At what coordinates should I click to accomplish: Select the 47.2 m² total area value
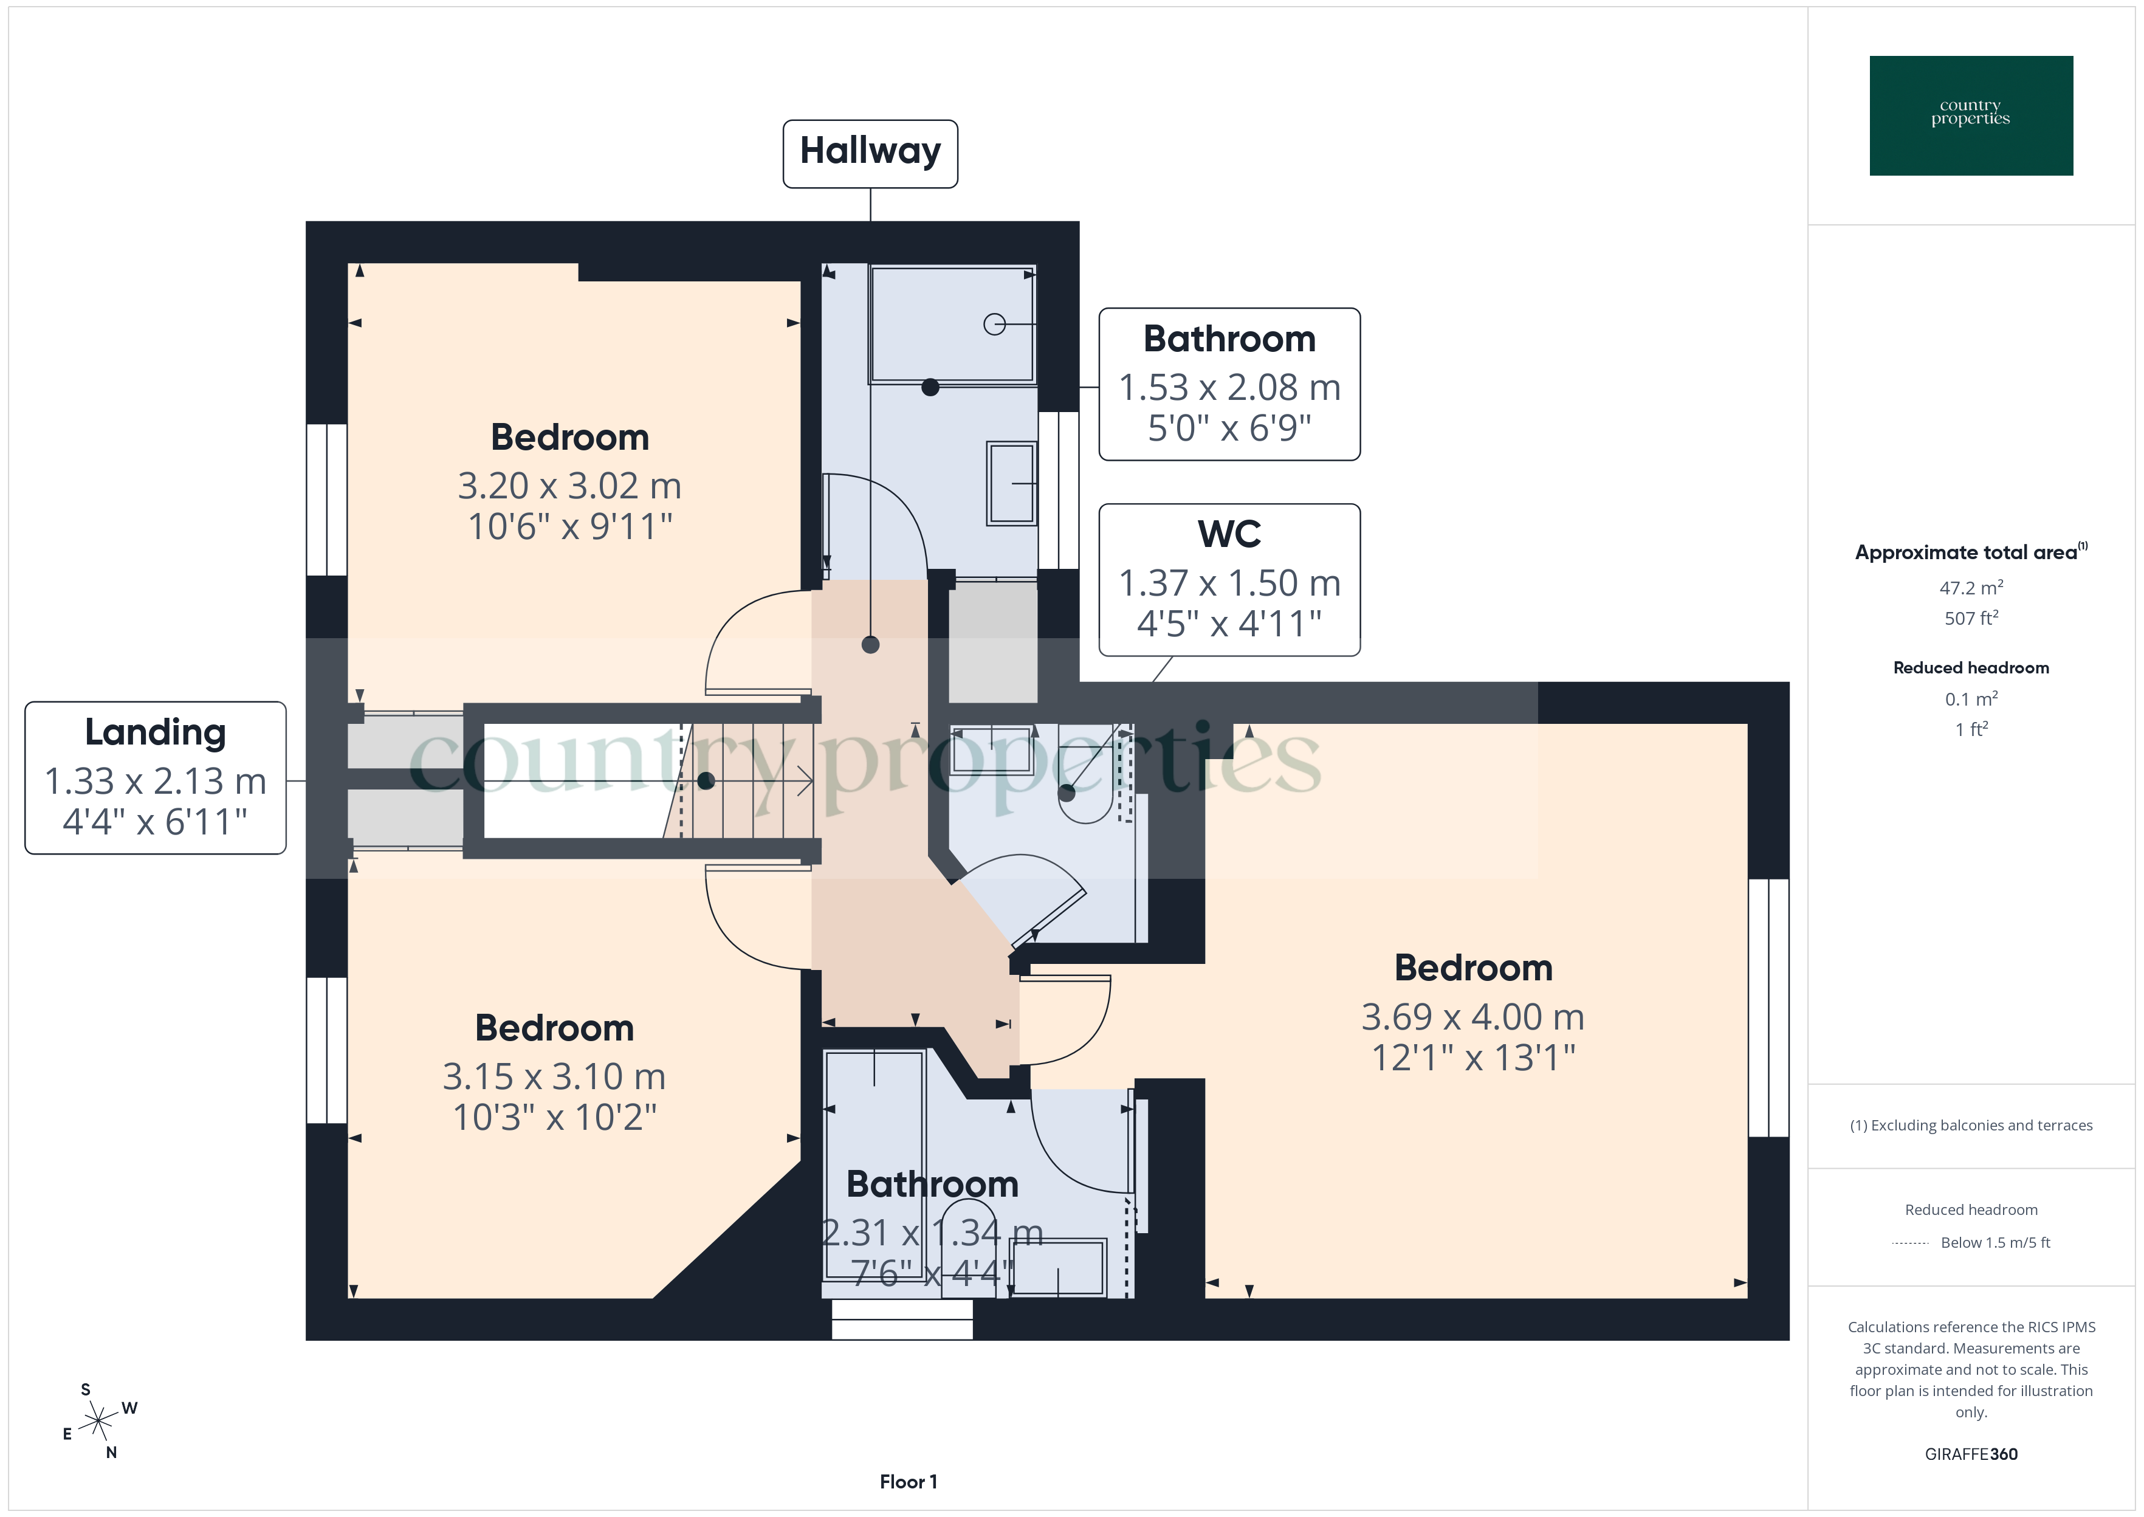(1970, 588)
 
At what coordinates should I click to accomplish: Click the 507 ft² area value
(1970, 618)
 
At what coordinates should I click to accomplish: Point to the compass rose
(98, 1422)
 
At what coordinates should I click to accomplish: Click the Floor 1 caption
(908, 1482)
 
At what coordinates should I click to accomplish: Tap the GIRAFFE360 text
(1970, 1453)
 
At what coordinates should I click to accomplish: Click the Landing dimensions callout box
(155, 777)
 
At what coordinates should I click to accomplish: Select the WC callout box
(1229, 579)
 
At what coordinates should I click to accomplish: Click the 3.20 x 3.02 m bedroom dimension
(569, 486)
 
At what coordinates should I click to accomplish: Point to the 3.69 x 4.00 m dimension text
(1472, 1016)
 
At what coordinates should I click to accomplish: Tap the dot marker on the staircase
(706, 781)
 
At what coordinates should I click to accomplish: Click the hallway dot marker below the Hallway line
(870, 644)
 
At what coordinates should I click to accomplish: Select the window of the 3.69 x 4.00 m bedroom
(1768, 1007)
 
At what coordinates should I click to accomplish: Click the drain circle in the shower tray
(994, 324)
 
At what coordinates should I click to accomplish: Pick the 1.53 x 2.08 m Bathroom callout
(1229, 384)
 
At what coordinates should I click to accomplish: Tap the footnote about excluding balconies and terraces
(1970, 1126)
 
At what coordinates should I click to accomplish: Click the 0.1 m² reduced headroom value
(1970, 699)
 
